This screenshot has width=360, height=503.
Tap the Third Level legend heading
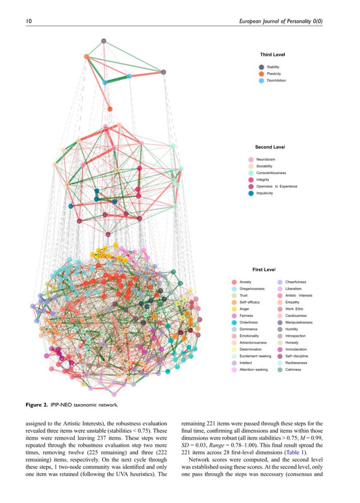pos(273,54)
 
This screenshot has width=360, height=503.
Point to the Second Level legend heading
pos(270,147)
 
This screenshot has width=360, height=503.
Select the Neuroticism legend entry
pos(265,160)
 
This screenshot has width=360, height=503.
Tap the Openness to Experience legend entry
pos(276,187)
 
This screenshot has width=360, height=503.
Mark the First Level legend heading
pos(264,270)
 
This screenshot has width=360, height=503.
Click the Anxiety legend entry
pos(245,282)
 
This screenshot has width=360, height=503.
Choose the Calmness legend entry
pos(293,370)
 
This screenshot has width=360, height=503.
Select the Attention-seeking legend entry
pos(253,370)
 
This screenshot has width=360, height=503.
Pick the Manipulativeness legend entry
pos(298,323)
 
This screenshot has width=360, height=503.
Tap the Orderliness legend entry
pos(248,323)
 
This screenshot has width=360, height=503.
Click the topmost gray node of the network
pos(104,41)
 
